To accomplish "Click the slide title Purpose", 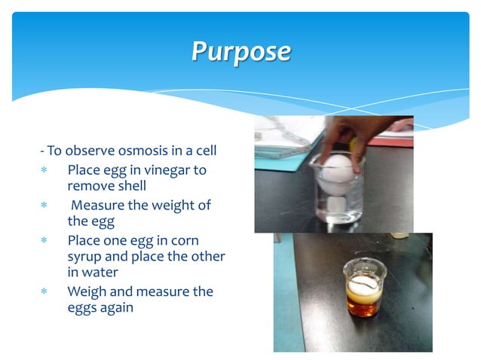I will click(x=240, y=52).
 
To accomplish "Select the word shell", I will click(x=130, y=186).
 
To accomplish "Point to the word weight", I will click(x=177, y=206).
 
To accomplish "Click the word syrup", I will click(x=85, y=256).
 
